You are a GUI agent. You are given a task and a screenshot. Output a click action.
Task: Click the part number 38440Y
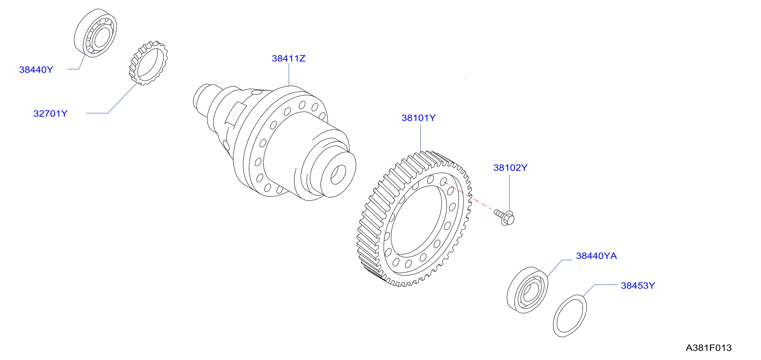coord(36,70)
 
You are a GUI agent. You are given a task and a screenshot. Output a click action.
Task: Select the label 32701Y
coord(50,113)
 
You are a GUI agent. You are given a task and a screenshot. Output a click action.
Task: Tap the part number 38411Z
coord(289,58)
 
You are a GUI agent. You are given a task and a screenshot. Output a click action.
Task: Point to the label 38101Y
coord(419,118)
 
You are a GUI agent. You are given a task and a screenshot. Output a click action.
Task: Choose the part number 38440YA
coord(596,256)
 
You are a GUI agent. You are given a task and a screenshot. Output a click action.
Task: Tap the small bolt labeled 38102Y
coord(505,217)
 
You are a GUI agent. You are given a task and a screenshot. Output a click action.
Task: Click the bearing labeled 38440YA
coord(527,290)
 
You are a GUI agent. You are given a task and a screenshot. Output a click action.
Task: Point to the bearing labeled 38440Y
coord(95,33)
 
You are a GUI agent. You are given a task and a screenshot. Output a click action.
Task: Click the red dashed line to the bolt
coord(468,196)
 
